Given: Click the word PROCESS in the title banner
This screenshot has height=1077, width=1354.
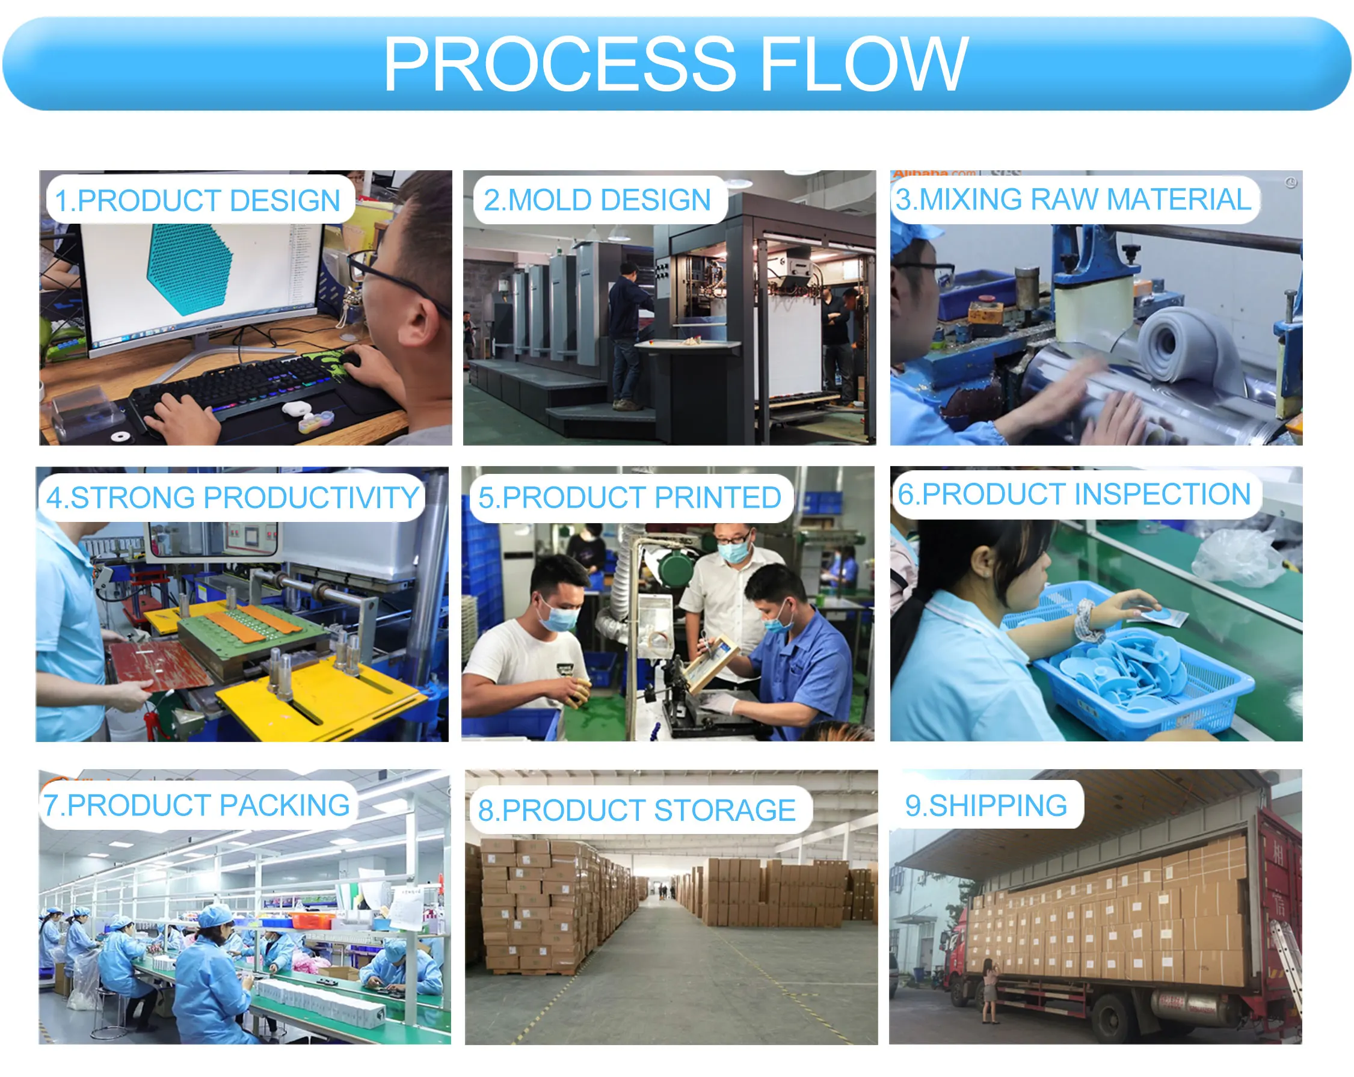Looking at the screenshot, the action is pos(559,64).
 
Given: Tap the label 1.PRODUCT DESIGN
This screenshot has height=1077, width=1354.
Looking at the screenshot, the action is pos(198,200).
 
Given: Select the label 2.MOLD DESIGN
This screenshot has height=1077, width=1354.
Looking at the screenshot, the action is pos(597,200).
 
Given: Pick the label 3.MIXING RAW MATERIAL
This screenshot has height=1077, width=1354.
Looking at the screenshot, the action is pos(1073,199).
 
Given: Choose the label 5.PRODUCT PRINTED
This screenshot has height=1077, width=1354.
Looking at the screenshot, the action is pos(630,497).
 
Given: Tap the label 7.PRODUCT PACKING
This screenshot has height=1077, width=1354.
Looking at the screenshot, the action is pos(197,805).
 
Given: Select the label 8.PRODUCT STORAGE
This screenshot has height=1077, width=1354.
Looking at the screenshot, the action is pos(637,809).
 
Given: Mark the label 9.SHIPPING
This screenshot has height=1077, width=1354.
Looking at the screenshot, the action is pos(986,805).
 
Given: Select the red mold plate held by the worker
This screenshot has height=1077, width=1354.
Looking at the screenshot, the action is pos(160,666).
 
